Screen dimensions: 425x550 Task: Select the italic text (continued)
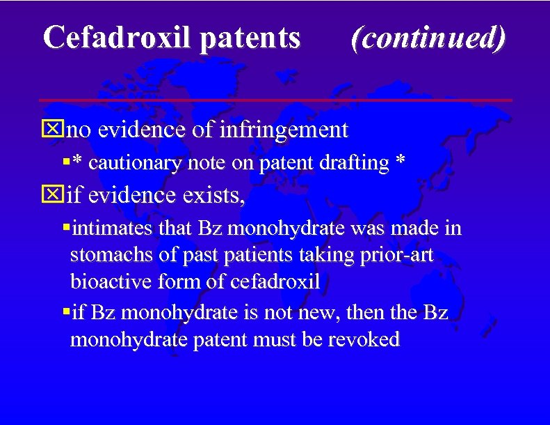[428, 38]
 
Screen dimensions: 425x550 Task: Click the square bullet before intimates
[65, 228]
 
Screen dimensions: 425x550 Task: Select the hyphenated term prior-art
[398, 256]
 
